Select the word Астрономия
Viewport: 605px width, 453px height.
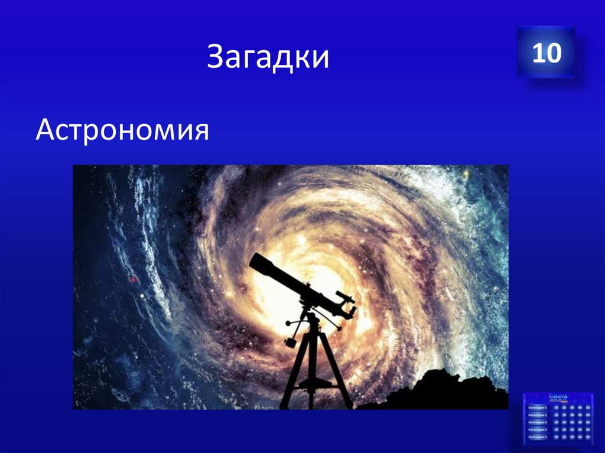(122, 129)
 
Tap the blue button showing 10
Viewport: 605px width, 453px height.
(545, 53)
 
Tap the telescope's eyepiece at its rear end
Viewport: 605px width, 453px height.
(351, 309)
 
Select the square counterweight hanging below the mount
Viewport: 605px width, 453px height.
(290, 342)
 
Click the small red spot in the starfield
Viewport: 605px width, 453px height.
(133, 279)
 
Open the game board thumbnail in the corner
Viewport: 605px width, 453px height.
(557, 420)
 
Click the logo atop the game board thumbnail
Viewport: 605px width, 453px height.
(557, 397)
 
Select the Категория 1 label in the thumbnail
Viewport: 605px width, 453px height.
(538, 408)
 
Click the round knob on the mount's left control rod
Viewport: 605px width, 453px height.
(288, 323)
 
